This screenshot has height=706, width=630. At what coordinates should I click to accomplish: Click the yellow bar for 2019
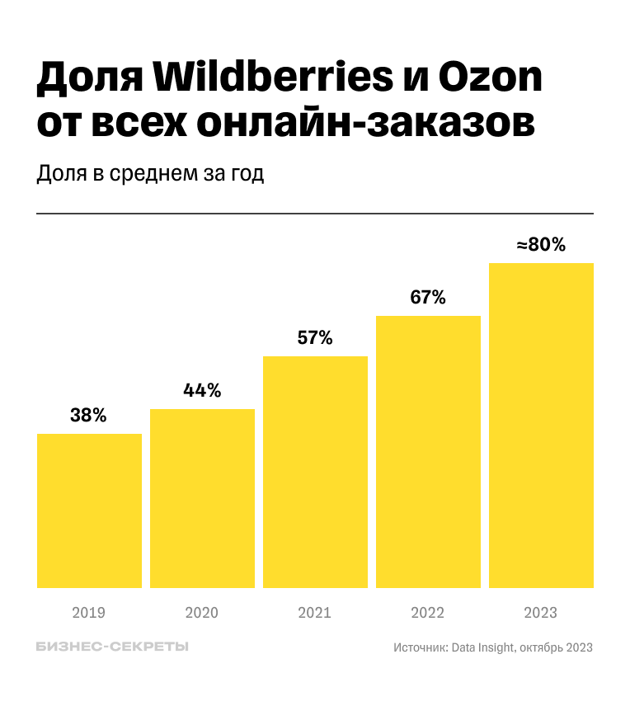89,511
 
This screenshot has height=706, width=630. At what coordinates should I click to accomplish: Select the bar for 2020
202,498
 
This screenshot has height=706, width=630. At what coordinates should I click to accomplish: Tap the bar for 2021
315,472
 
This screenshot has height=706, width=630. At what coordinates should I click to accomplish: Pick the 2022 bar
428,452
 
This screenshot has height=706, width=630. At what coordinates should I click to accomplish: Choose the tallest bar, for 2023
541,426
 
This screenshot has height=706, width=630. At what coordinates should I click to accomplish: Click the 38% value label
88,416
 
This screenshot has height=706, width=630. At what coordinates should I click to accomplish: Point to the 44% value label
202,391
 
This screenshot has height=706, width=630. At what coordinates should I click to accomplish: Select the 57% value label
314,337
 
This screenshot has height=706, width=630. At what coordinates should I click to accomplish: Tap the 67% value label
428,298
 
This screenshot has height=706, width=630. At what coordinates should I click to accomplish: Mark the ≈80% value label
541,245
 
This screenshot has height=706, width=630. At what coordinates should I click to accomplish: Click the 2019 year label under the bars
89,613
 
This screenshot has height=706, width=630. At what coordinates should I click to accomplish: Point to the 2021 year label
314,613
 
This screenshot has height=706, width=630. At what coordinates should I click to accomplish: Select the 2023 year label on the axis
541,613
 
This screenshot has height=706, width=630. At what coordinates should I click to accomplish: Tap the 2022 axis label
427,613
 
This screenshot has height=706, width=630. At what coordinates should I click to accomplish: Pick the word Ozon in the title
495,78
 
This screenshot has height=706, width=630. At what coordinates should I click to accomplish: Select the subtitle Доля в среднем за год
151,174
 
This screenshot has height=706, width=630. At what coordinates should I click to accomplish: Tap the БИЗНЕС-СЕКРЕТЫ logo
113,647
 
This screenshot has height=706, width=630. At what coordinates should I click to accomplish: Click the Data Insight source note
493,647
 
